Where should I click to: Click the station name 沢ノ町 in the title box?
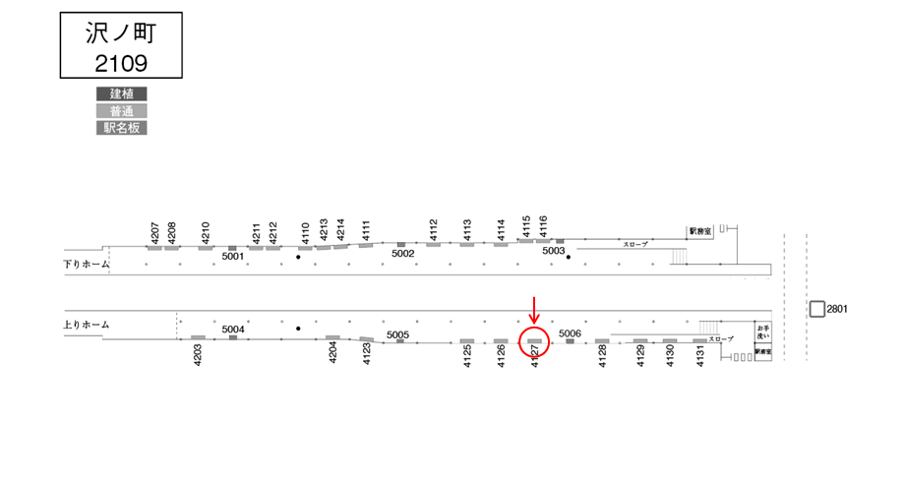click(x=121, y=32)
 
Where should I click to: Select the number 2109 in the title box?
click(x=121, y=63)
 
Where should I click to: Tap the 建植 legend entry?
click(x=121, y=94)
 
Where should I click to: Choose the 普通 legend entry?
click(x=121, y=111)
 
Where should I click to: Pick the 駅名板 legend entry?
click(x=121, y=128)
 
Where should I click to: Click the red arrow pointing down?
click(x=534, y=309)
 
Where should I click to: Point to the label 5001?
click(x=232, y=257)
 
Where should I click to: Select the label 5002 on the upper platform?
click(x=402, y=254)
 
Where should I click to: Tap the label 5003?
click(x=554, y=252)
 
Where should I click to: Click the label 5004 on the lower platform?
click(x=233, y=329)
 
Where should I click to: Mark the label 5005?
click(x=397, y=334)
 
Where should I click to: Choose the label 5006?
click(x=570, y=333)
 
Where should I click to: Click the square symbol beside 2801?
click(x=816, y=309)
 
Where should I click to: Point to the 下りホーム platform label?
click(x=86, y=264)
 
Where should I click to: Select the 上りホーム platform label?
click(x=86, y=325)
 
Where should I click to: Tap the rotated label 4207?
click(x=154, y=233)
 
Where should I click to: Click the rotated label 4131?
click(x=700, y=356)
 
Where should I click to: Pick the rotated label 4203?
click(x=198, y=355)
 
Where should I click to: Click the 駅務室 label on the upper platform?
click(x=699, y=231)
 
